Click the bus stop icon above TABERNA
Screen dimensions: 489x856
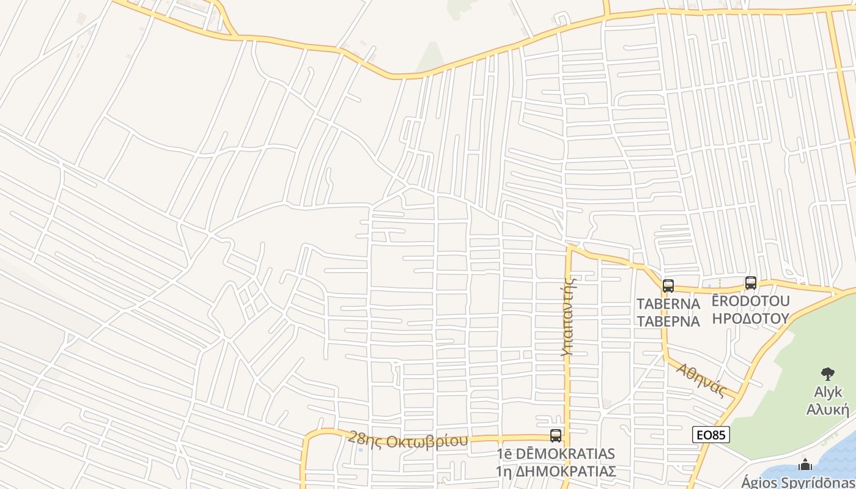coord(668,285)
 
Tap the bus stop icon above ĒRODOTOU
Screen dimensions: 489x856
coord(750,283)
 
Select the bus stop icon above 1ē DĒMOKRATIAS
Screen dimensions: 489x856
coord(555,436)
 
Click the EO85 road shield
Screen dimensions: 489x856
coord(711,435)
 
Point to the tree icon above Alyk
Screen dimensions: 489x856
coord(828,373)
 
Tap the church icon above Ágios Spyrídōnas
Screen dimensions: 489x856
coord(805,465)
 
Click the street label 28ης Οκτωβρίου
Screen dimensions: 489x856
coord(408,439)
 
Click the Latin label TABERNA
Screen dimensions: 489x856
coord(668,304)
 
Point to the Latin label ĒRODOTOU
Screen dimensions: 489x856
coord(750,301)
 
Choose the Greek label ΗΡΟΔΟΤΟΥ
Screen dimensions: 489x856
coord(750,318)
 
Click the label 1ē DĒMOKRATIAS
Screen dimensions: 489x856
coord(555,454)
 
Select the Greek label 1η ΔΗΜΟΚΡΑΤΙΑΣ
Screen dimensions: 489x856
coord(555,472)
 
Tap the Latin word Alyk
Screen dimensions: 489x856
coord(828,392)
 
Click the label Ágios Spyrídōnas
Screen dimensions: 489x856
coord(799,482)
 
